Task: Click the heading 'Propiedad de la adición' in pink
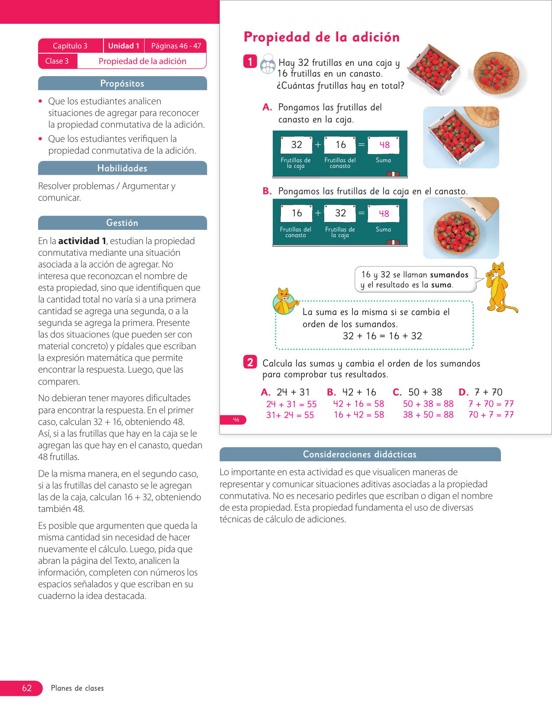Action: coord(321,37)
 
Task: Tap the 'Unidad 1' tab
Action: coord(123,46)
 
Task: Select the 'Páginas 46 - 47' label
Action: coord(176,46)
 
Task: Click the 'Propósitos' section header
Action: coord(122,84)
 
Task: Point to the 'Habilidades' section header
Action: coord(122,168)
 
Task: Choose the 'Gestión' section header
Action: coord(122,223)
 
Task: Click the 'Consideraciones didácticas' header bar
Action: coord(359,454)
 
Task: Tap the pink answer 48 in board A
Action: coord(384,145)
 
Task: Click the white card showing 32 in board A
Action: coord(296,145)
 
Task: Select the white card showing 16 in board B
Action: coord(297,213)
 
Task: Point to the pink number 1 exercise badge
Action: coord(250,61)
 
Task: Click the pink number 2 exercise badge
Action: coord(250,362)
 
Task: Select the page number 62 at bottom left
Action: coord(27,688)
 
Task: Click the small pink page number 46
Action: coord(236,420)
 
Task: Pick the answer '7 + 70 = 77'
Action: coord(491,404)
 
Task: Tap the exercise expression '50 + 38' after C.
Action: coord(425,392)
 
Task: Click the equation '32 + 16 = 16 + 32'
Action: coord(382,336)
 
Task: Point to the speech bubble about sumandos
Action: coord(414,280)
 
